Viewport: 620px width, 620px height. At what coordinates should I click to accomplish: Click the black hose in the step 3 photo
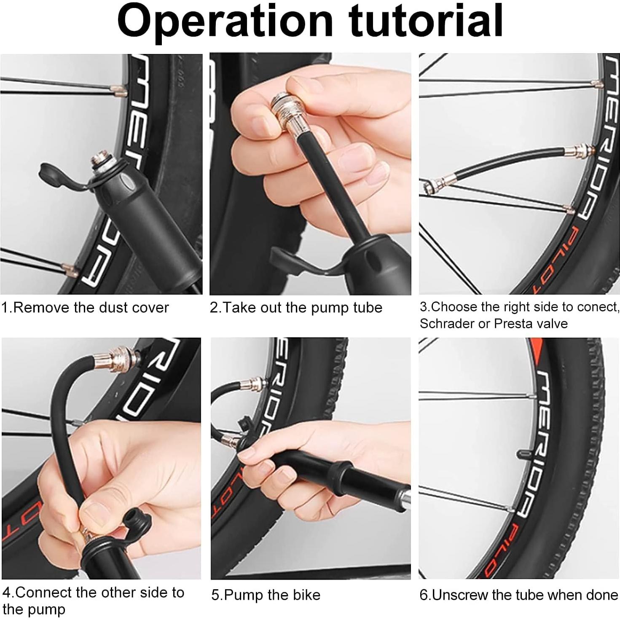coord(506,164)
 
